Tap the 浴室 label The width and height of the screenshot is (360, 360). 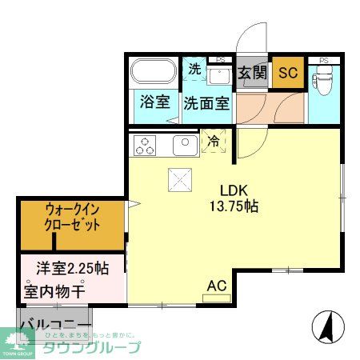[154, 102]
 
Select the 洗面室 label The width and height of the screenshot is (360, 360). [206, 103]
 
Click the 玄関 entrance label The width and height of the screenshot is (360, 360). [253, 73]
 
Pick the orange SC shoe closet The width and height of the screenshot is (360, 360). [287, 73]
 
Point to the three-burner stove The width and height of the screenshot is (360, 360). [146, 145]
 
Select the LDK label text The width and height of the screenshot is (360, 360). [235, 190]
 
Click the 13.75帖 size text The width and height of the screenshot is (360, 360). [235, 206]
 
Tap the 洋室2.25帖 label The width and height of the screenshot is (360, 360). [72, 267]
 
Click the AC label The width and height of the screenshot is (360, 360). [217, 286]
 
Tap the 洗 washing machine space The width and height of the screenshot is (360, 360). [194, 69]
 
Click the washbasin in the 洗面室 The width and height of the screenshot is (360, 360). [218, 76]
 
